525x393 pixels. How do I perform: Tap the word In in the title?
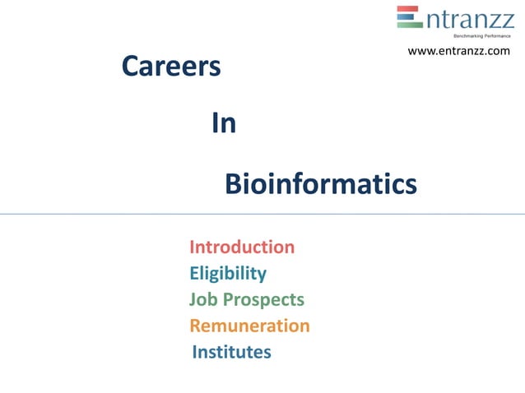pos(224,123)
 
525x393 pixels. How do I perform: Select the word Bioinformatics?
pos(321,184)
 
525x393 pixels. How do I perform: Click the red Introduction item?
pos(242,247)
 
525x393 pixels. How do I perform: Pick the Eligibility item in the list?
pos(228,273)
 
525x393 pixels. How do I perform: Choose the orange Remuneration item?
pos(249,326)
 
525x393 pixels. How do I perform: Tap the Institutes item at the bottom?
pos(231,352)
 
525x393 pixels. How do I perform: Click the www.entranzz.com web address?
pos(459,51)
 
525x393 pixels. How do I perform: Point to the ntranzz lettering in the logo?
pos(469,18)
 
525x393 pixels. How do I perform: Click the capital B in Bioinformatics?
pos(234,184)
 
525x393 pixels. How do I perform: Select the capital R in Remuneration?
pos(195,326)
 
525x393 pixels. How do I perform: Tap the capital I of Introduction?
pos(192,247)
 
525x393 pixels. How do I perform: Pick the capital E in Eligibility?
pos(194,273)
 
